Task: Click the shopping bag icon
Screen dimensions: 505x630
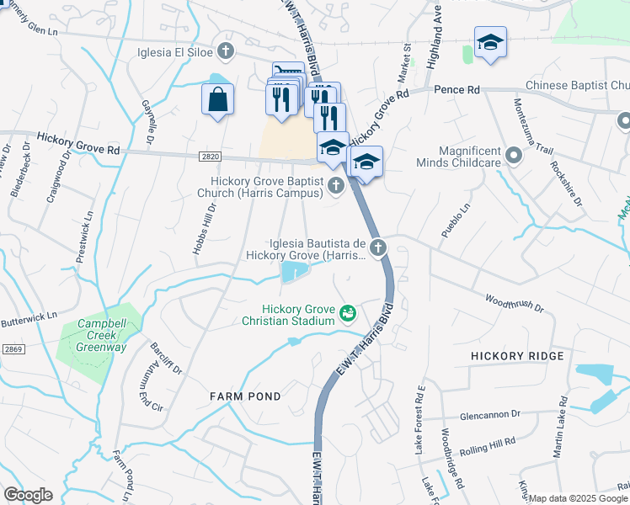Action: [x=217, y=99]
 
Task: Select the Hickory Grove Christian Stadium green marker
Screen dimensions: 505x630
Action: [x=347, y=314]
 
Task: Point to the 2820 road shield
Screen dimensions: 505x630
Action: [x=212, y=156]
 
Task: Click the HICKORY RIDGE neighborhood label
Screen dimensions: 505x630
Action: [x=516, y=356]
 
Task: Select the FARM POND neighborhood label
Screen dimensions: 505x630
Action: [x=243, y=395]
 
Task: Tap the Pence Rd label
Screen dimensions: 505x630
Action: [x=456, y=89]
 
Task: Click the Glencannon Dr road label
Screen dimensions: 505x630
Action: [x=491, y=414]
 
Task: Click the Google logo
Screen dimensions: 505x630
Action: [x=28, y=495]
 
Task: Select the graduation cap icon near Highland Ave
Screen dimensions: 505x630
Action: [x=489, y=41]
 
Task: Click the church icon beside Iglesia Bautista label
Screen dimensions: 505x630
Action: [x=378, y=247]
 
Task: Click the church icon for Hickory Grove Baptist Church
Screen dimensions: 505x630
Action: [x=336, y=185]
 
